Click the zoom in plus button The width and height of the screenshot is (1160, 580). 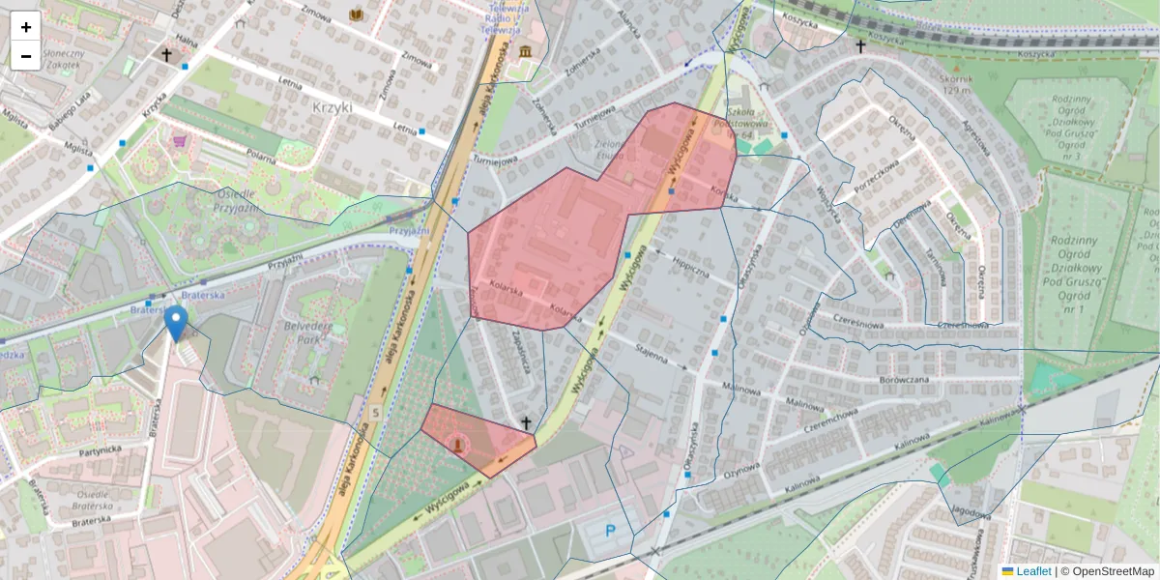coord(26,27)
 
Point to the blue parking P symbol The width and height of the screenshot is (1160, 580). coord(610,530)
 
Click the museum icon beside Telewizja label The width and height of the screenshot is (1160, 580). coord(525,50)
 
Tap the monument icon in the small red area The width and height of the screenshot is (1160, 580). coord(458,444)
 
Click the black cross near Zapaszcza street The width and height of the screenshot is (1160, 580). coord(526,422)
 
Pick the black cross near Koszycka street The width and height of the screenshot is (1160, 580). coord(859,45)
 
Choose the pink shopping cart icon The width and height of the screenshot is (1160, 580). coord(179,141)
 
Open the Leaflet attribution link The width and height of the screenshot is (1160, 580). coord(1033,571)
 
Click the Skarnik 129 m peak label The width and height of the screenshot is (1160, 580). coord(953,84)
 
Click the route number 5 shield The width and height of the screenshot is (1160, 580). coord(375,413)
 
